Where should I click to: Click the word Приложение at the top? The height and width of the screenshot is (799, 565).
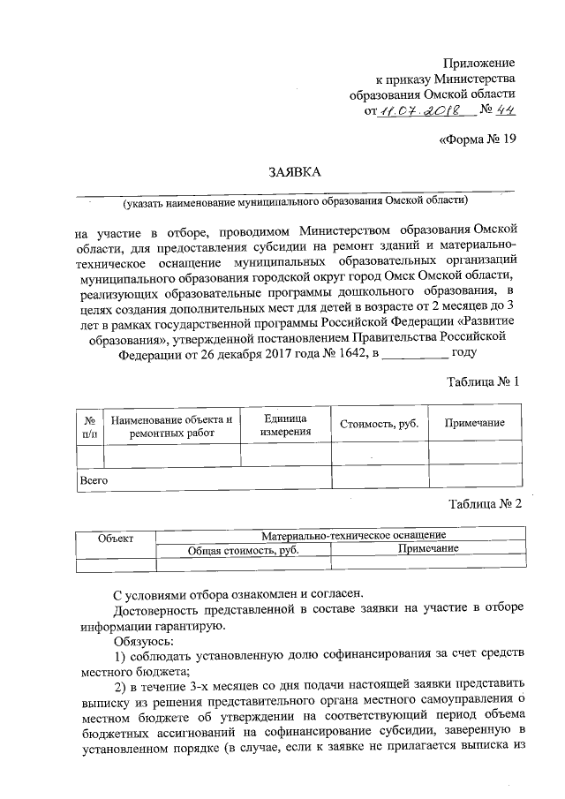click(481, 63)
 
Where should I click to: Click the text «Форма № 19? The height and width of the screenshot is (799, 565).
click(477, 139)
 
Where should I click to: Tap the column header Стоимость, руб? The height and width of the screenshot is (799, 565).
click(379, 424)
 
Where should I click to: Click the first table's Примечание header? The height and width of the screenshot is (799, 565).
click(474, 423)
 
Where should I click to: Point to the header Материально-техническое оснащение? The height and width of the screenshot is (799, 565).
click(353, 535)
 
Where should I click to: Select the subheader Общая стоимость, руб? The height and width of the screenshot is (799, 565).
click(243, 549)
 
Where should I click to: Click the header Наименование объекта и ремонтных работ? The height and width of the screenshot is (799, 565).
click(172, 428)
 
